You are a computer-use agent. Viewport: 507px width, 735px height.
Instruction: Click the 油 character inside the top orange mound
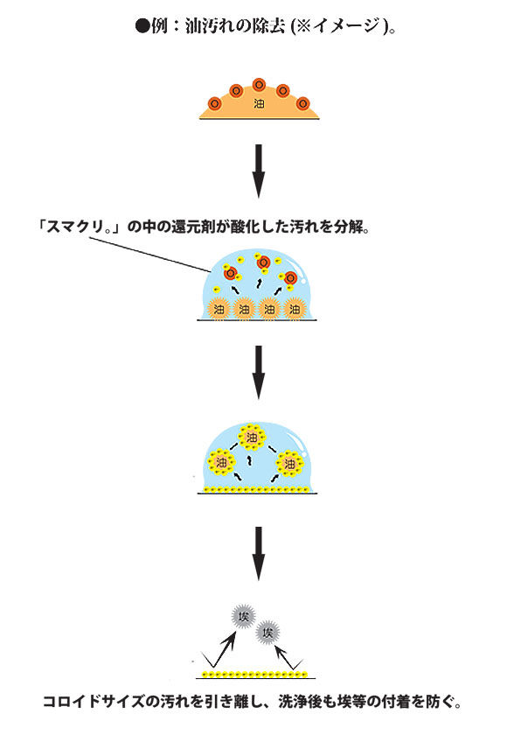pyautogui.click(x=259, y=103)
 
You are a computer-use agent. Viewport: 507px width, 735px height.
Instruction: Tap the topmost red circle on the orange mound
pyautogui.click(x=259, y=85)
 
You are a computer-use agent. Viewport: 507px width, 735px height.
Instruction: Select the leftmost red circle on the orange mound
pyautogui.click(x=214, y=103)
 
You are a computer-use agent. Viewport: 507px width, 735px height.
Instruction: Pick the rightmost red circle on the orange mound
pyautogui.click(x=303, y=103)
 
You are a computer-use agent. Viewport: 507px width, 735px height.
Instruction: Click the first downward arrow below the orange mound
pyautogui.click(x=259, y=171)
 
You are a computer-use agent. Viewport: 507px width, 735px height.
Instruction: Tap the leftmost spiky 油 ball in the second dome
pyautogui.click(x=219, y=310)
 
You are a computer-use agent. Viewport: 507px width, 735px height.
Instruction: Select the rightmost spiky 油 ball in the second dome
pyautogui.click(x=295, y=310)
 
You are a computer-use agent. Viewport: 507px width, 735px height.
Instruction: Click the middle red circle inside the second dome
pyautogui.click(x=264, y=262)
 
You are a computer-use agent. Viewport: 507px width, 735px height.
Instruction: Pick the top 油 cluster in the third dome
pyautogui.click(x=252, y=437)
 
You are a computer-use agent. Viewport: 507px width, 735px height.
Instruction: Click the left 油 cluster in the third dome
pyautogui.click(x=221, y=463)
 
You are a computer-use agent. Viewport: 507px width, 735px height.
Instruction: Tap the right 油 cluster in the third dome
pyautogui.click(x=290, y=464)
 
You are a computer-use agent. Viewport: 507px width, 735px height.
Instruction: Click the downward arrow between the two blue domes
pyautogui.click(x=259, y=373)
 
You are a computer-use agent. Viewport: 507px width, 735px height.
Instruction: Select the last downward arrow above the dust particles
pyautogui.click(x=259, y=554)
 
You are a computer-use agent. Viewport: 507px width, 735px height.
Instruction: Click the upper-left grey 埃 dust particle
pyautogui.click(x=243, y=616)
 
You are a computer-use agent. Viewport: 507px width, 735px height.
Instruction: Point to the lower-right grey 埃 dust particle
pyautogui.click(x=267, y=633)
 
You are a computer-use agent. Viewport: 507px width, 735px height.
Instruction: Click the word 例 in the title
pyautogui.click(x=159, y=25)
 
